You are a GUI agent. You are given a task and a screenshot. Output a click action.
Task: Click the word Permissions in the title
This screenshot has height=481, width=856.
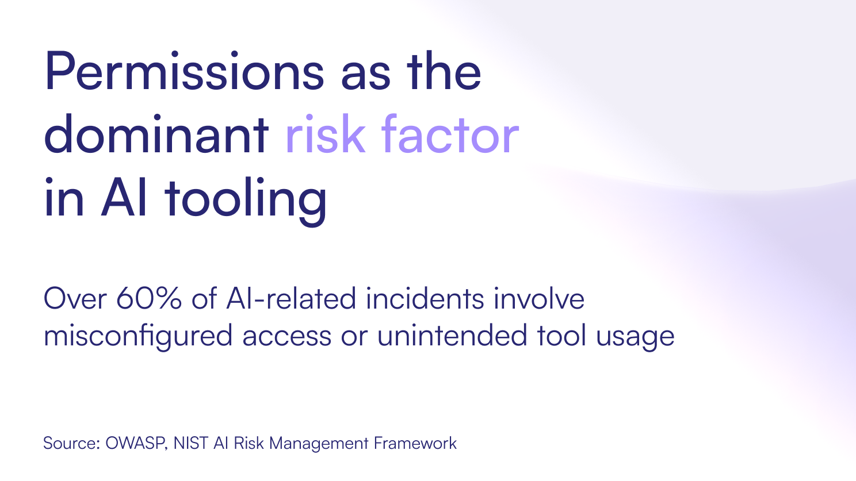click(x=185, y=72)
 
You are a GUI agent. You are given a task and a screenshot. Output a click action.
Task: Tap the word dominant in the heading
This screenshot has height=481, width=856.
click(x=156, y=134)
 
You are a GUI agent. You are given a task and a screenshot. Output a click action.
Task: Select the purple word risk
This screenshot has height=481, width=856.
click(x=325, y=134)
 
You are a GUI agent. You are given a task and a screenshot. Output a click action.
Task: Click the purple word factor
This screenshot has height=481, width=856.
click(x=450, y=134)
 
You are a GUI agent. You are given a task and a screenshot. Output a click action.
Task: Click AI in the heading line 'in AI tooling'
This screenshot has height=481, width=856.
click(x=124, y=197)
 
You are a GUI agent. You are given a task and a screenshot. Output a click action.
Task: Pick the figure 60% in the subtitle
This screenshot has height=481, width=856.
click(x=148, y=298)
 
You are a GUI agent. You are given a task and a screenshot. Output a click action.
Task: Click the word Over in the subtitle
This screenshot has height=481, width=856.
click(x=75, y=298)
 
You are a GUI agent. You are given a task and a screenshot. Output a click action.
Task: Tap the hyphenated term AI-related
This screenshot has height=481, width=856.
click(x=291, y=298)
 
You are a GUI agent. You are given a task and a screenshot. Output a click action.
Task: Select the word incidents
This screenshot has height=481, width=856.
click(x=425, y=298)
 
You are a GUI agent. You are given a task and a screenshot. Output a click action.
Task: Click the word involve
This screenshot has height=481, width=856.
click(x=539, y=298)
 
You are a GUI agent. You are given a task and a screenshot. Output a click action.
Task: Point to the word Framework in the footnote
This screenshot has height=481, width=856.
click(x=415, y=443)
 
